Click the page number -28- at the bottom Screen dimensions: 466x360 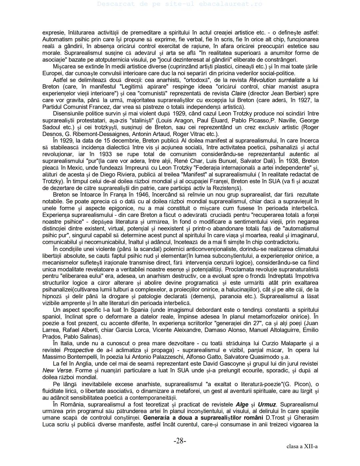(x=180, y=441)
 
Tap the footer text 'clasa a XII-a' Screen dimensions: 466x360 (x=302, y=446)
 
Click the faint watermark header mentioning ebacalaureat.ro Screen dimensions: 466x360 (x=180, y=4)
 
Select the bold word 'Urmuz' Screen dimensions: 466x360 (x=267, y=405)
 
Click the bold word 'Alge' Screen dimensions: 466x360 (x=242, y=405)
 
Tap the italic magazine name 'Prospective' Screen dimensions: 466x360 (x=79, y=350)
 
